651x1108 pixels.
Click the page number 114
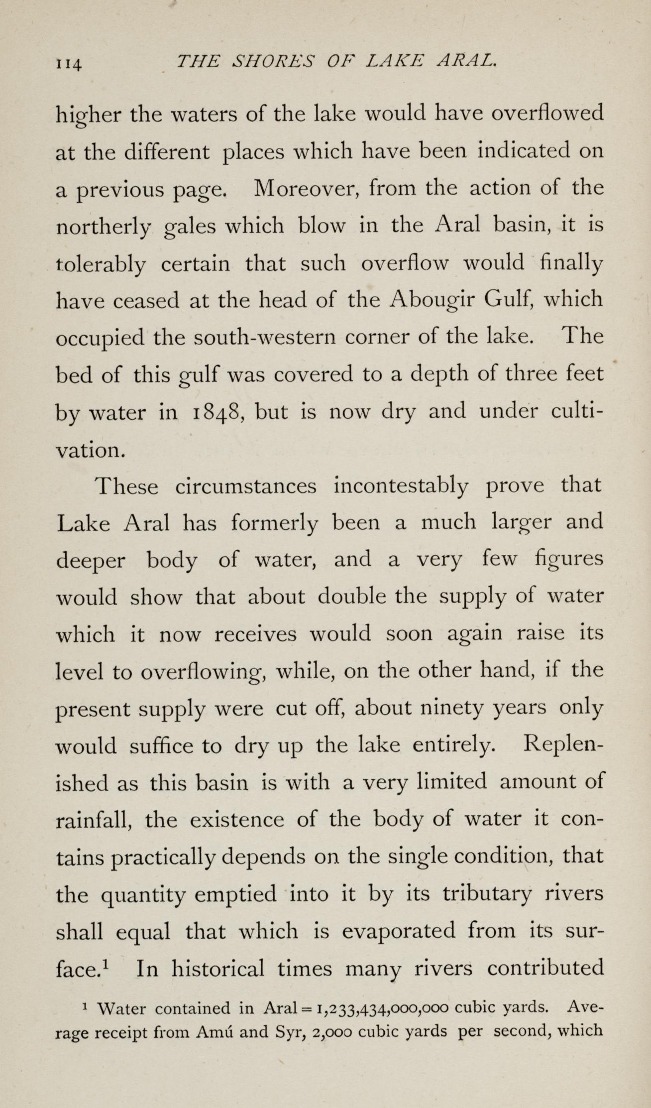[x=70, y=63]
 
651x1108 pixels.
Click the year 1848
[x=217, y=412]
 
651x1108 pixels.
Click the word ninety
[x=452, y=708]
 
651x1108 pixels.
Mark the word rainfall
[x=94, y=820]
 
